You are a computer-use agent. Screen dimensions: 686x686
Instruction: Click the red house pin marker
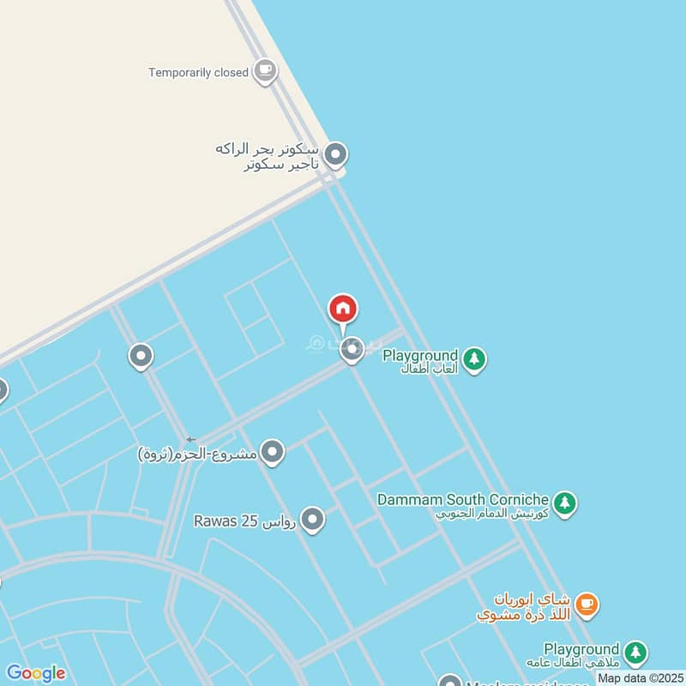click(343, 310)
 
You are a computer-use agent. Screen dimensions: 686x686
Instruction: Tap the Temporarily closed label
click(198, 73)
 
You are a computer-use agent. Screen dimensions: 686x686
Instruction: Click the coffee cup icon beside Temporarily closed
click(266, 71)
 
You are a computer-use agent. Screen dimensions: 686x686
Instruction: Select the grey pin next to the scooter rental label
click(336, 155)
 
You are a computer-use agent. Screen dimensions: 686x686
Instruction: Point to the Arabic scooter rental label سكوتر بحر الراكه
click(268, 148)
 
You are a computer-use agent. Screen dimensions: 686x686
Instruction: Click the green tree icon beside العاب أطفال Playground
click(474, 359)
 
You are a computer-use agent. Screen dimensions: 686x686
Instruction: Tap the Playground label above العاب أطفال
click(420, 354)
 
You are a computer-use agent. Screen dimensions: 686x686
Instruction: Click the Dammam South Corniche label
click(463, 499)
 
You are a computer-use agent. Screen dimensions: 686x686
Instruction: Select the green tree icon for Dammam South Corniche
click(564, 503)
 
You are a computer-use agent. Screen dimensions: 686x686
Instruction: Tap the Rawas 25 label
click(244, 521)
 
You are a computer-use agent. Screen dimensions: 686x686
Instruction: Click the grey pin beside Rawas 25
click(313, 519)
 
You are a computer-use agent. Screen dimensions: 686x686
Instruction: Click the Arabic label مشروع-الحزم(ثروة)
click(197, 453)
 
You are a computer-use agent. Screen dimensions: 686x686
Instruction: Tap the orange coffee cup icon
click(587, 605)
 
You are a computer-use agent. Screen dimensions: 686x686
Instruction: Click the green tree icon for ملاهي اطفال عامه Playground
click(635, 653)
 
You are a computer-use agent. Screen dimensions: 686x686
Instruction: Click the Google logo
click(35, 673)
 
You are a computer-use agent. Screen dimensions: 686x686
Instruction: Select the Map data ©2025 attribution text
click(640, 678)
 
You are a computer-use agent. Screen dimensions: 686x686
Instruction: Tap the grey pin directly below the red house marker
click(352, 349)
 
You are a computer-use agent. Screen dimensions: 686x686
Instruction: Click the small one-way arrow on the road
click(190, 440)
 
